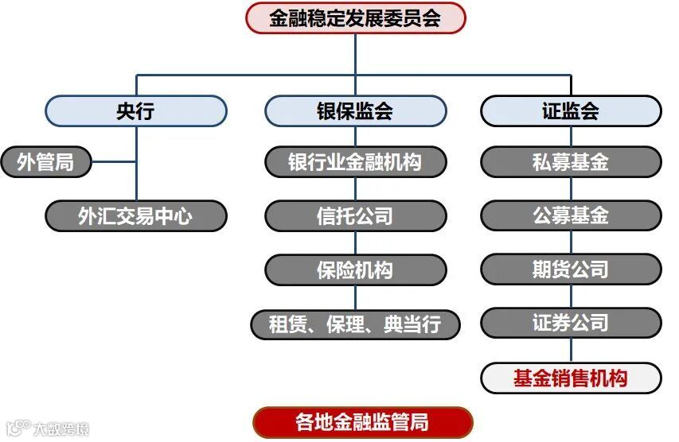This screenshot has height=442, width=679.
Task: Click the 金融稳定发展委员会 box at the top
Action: tap(355, 17)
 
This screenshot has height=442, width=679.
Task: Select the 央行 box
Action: tap(135, 111)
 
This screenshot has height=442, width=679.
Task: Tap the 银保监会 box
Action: tap(355, 111)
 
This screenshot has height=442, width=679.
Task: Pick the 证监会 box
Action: tap(571, 111)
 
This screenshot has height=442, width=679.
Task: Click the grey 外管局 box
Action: tap(46, 163)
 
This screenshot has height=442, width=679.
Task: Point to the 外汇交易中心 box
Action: tap(135, 215)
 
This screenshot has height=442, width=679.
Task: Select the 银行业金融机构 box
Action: tap(355, 163)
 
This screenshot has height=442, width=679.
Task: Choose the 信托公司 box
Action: tap(355, 215)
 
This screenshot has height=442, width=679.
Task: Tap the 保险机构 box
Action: tap(355, 269)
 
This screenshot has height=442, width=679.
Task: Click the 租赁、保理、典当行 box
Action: tap(355, 324)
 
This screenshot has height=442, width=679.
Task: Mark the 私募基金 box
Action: tap(571, 163)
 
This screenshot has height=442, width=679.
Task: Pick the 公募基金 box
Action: tap(571, 215)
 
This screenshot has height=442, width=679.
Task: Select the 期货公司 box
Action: tap(571, 269)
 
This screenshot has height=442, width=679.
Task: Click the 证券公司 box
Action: tap(571, 324)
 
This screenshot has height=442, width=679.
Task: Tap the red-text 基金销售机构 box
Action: tap(571, 378)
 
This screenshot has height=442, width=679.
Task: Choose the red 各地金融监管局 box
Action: tap(363, 422)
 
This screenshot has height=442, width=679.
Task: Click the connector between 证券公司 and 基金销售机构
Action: tap(571, 351)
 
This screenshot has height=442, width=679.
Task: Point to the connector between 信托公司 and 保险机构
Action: tap(355, 242)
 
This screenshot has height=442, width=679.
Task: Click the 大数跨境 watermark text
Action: tap(60, 429)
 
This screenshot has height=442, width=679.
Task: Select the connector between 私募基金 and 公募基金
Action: tap(571, 189)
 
